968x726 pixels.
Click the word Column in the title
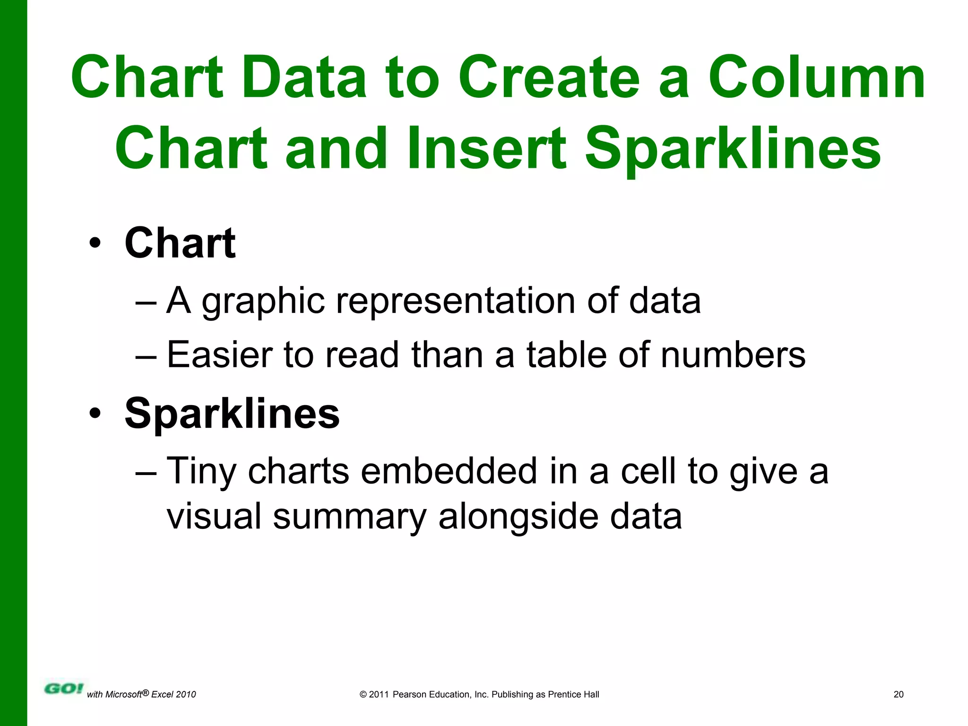816,78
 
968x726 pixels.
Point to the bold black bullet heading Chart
180,243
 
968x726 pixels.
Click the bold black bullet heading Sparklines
232,414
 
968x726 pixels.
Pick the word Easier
220,354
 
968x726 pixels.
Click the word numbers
733,354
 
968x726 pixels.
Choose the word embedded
449,471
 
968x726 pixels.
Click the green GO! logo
63,689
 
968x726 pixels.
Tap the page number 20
899,694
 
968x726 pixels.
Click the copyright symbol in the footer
363,694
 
